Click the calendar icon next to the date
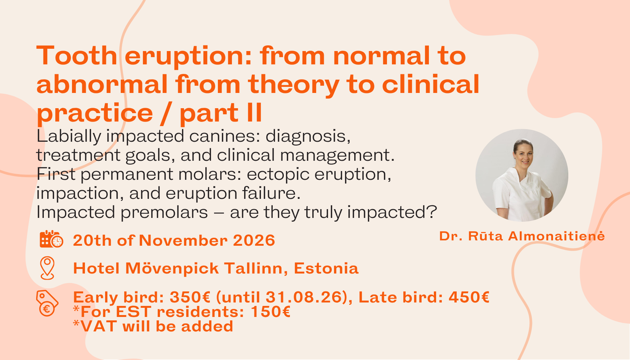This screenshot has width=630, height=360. (x=51, y=239)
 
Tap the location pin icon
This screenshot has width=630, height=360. (x=47, y=268)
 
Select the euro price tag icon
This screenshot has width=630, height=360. (x=47, y=303)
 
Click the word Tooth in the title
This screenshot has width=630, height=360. (x=77, y=56)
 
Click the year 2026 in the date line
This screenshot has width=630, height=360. (x=254, y=241)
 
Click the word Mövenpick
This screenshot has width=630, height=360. (x=172, y=269)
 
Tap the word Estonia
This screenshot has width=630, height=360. (x=326, y=269)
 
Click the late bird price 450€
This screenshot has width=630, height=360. (x=469, y=297)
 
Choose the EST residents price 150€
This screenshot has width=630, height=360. (x=270, y=312)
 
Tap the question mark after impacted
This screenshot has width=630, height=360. (x=432, y=213)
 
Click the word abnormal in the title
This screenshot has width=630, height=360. (x=102, y=85)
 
